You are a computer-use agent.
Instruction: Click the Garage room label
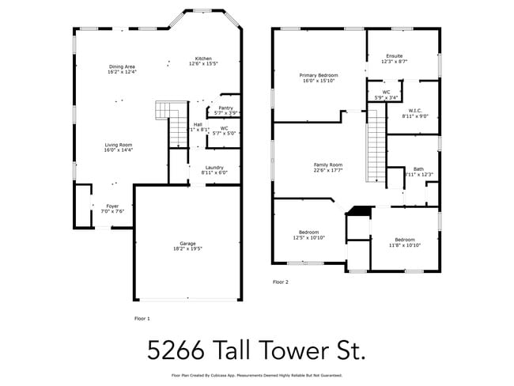[187, 243]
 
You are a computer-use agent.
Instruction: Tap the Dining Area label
[123, 66]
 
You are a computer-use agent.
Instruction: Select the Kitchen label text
[204, 59]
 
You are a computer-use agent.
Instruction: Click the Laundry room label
[214, 167]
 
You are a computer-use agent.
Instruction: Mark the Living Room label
[119, 145]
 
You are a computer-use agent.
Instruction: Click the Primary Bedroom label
[319, 75]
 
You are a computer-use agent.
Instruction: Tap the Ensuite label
[394, 56]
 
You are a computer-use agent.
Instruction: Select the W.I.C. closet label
[415, 111]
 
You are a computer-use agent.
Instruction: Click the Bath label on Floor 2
[418, 168]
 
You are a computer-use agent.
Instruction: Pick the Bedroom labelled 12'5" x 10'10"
[309, 233]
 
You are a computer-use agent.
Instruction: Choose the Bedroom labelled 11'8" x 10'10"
[405, 240]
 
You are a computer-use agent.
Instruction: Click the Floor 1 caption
[143, 318]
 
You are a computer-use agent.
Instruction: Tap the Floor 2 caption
[281, 282]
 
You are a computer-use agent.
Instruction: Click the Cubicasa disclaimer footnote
[257, 375]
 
